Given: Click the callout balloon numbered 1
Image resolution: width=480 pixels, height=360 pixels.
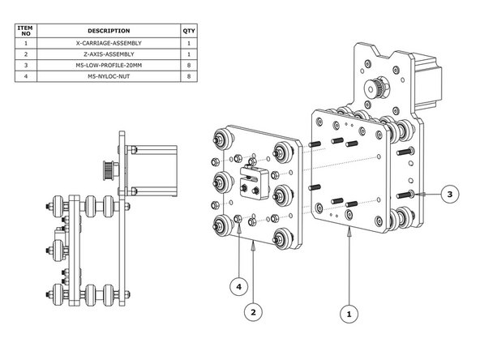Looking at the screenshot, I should (349, 311).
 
